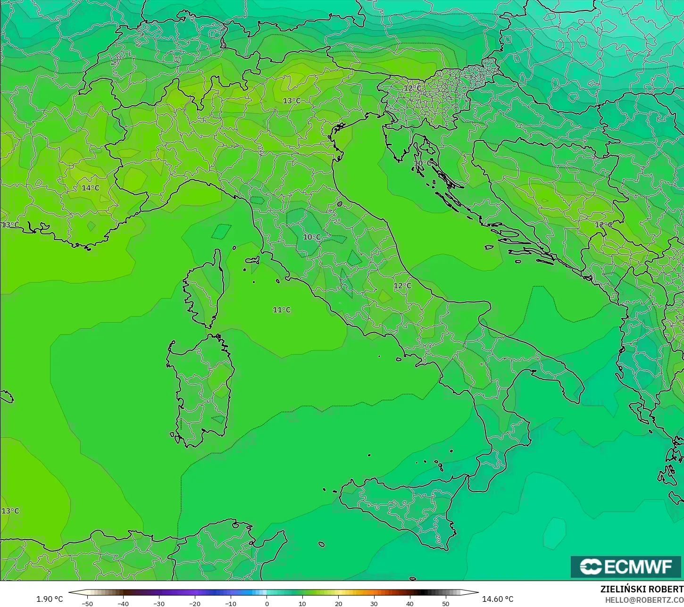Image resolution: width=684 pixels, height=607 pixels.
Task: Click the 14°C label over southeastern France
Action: coord(91,188)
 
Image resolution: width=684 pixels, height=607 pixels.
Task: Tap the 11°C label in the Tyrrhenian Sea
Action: coord(282,310)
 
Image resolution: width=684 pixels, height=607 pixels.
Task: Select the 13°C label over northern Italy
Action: coord(292,100)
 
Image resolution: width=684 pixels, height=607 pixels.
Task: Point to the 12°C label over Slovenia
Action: coord(412,88)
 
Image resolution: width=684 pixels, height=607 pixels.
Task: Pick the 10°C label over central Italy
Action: coord(312,237)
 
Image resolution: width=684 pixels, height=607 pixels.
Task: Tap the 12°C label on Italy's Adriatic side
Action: coord(402,285)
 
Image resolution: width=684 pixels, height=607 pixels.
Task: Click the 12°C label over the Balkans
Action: coord(603,225)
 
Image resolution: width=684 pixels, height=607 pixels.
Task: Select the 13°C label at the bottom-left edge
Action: coord(10,511)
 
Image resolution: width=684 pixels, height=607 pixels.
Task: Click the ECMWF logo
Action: coord(626,566)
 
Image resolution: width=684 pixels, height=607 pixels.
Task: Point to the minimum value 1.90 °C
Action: coord(50,599)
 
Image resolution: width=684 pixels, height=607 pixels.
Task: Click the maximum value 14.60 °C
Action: coord(498,599)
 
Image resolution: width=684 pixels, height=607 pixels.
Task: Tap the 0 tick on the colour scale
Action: coord(267,603)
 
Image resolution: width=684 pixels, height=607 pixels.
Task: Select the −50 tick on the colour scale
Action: coord(87,603)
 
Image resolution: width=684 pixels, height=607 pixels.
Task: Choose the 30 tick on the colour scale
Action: coord(374,603)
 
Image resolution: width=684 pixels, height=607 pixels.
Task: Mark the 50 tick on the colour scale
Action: coord(446,603)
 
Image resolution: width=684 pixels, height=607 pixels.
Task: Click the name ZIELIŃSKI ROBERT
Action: coord(642,589)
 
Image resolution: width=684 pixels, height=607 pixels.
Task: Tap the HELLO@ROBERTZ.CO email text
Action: coord(644,599)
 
